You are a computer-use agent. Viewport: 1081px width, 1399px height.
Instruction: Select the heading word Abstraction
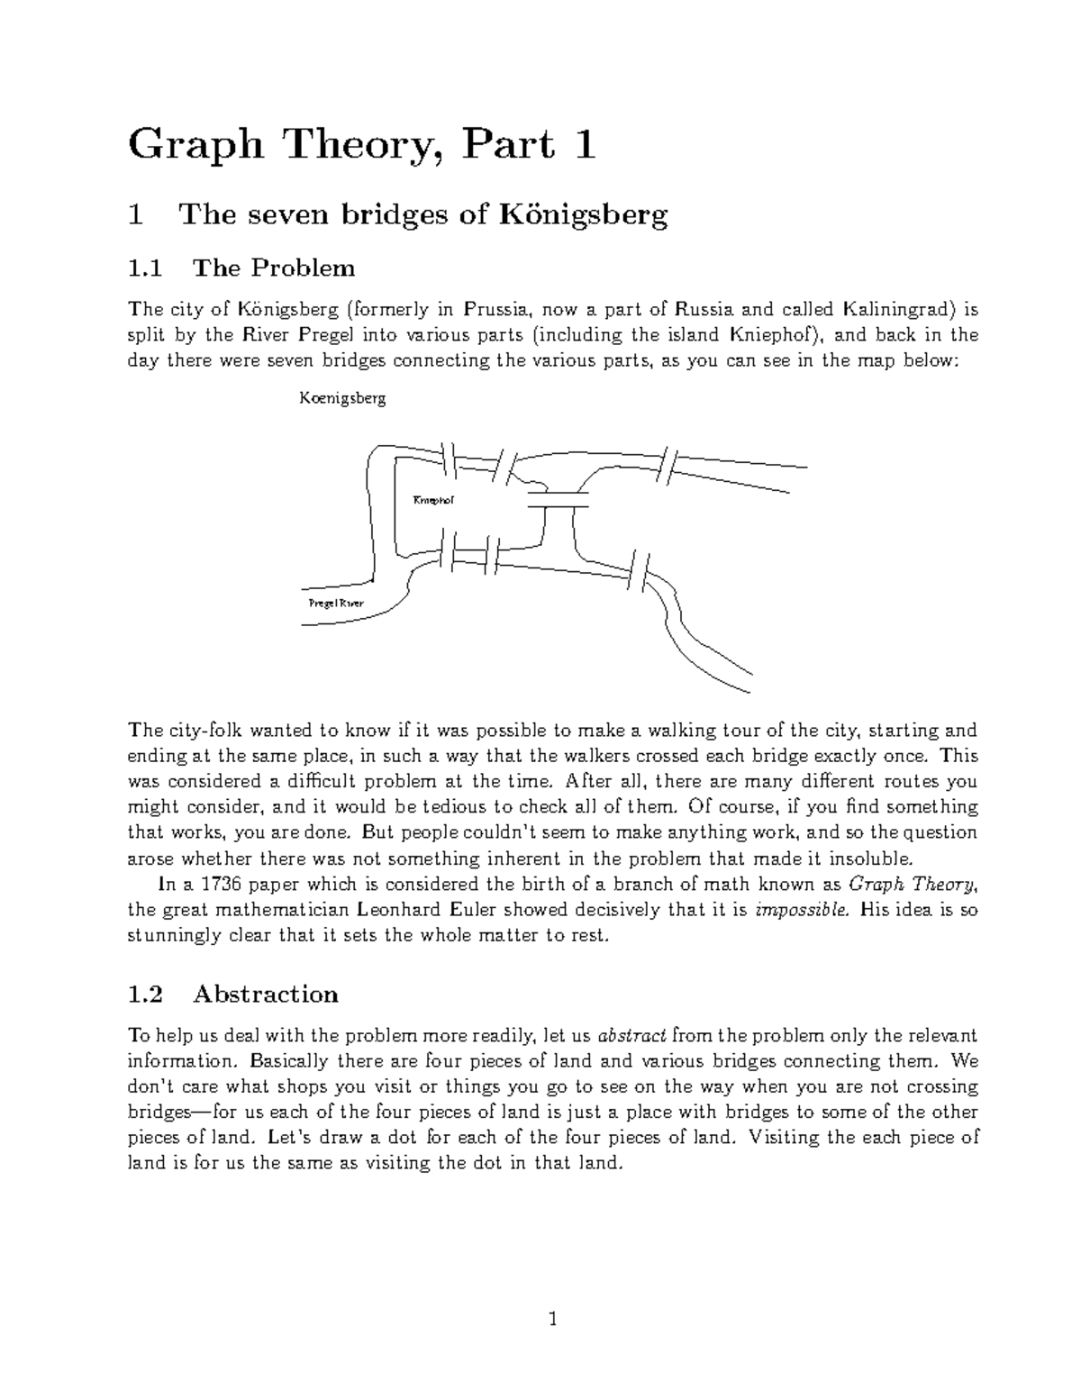pos(266,995)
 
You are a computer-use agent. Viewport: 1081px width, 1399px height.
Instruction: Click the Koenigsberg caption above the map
pos(342,398)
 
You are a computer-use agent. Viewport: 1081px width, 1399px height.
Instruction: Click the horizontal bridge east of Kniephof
pos(558,499)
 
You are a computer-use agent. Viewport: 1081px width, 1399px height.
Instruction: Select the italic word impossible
pos(802,910)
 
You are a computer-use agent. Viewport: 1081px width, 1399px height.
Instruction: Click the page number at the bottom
pos(553,1321)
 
